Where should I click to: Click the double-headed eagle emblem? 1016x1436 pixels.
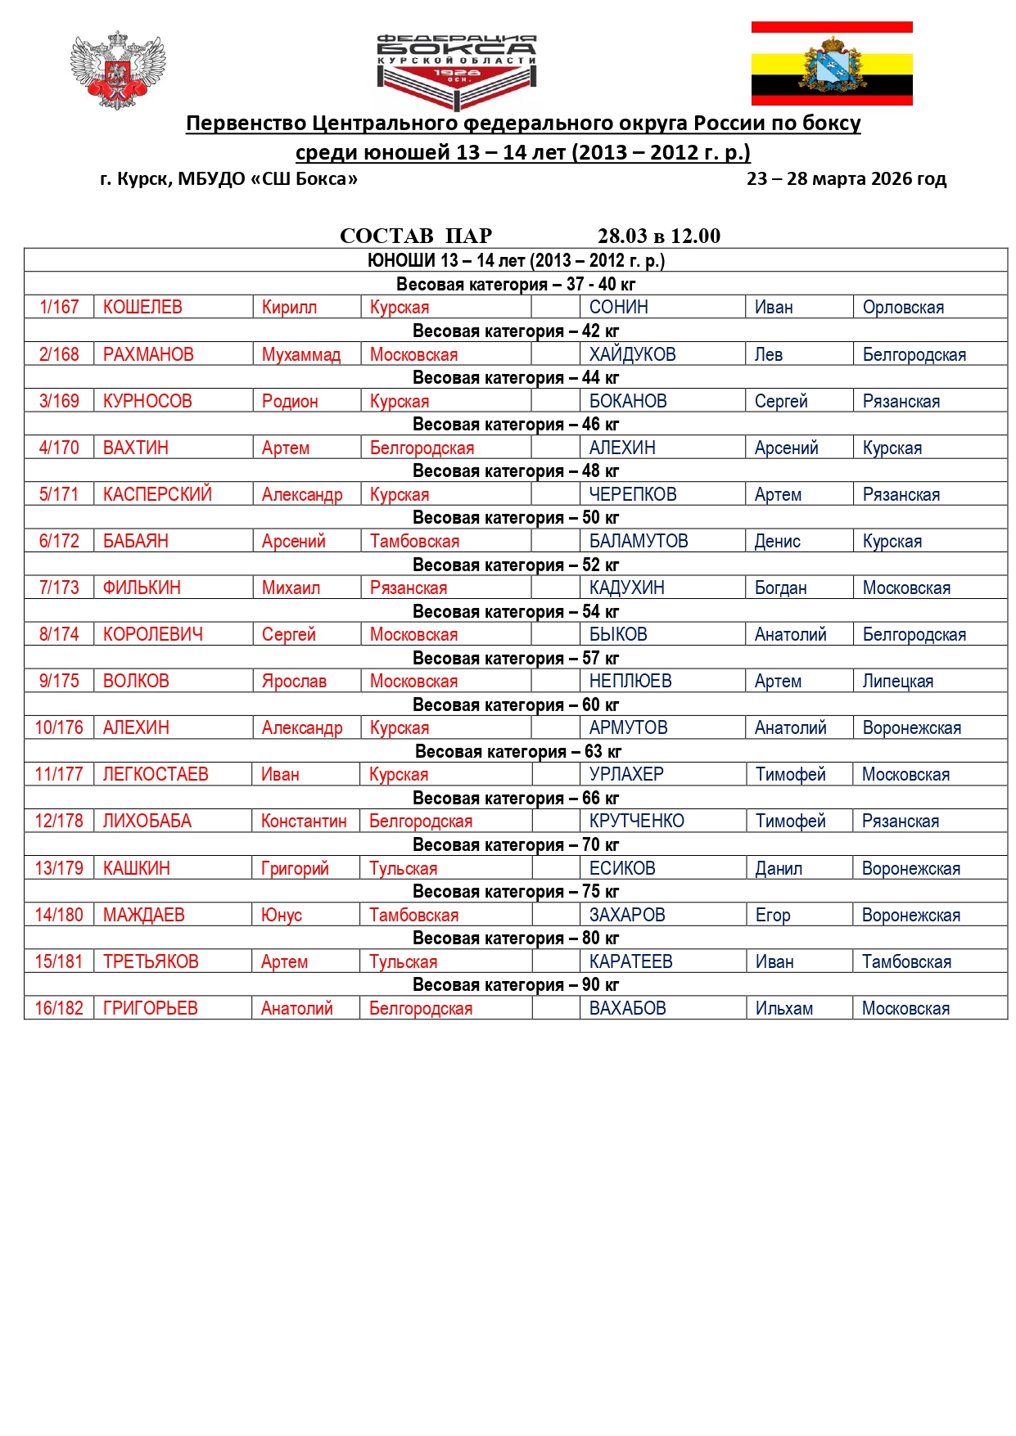click(x=118, y=70)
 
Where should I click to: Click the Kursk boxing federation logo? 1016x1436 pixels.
click(x=457, y=71)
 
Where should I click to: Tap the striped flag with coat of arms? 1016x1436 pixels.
click(x=832, y=64)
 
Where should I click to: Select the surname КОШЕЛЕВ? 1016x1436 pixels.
click(x=142, y=308)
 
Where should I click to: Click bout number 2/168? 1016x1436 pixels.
click(x=59, y=355)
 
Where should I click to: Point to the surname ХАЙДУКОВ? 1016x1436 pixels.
click(x=632, y=355)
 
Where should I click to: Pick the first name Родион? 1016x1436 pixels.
click(x=290, y=402)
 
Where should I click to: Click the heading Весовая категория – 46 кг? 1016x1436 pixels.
click(x=516, y=425)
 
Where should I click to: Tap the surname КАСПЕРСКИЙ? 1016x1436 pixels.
click(x=157, y=495)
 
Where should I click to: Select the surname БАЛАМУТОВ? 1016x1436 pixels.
click(x=639, y=542)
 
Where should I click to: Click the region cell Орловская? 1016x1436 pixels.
click(x=903, y=308)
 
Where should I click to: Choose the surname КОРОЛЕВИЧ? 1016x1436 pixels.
click(x=153, y=635)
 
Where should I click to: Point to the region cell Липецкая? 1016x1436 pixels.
click(x=897, y=682)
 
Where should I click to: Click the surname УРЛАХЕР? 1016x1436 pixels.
click(x=626, y=775)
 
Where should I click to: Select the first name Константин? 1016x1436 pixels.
click(x=304, y=822)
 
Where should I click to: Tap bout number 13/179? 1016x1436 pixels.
click(x=59, y=869)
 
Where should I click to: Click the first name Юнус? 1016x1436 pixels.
click(x=282, y=916)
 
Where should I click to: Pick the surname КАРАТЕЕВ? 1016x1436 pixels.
click(x=630, y=962)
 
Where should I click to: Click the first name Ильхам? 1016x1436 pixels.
click(x=783, y=1009)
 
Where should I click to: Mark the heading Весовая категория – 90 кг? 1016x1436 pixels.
click(x=516, y=985)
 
